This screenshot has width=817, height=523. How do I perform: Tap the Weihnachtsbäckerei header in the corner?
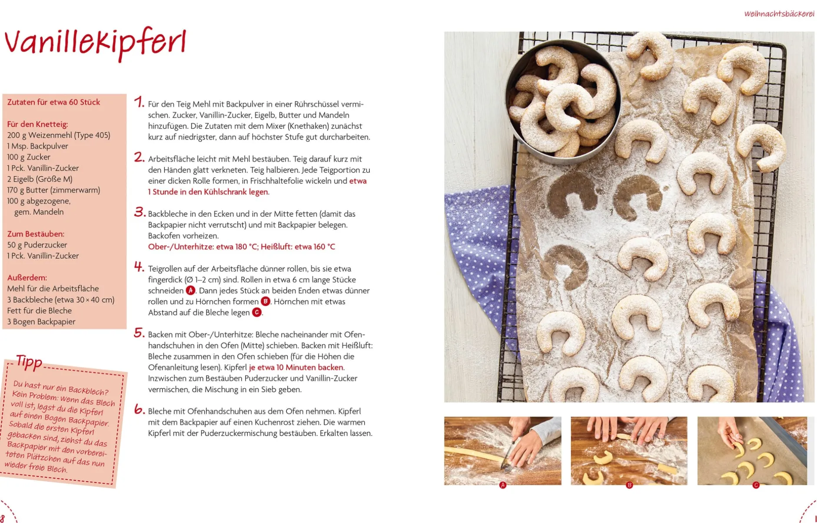tap(779, 13)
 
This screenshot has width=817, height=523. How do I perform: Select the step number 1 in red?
tap(139, 102)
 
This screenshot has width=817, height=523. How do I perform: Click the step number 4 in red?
tap(139, 266)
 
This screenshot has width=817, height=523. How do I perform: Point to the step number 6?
tap(139, 409)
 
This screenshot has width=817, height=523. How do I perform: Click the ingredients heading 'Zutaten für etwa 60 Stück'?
tap(53, 102)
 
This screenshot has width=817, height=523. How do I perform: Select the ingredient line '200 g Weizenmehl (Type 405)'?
tap(59, 135)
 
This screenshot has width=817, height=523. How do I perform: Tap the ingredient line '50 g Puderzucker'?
tap(37, 245)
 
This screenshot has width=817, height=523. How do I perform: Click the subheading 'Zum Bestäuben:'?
tap(36, 234)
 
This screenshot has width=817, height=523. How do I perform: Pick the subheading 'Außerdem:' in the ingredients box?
tap(27, 277)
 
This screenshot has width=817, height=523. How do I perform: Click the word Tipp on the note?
tap(29, 362)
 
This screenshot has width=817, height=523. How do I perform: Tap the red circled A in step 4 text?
tap(190, 290)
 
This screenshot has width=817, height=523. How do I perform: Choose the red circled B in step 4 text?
tap(265, 301)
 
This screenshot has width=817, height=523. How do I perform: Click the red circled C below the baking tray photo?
tap(756, 485)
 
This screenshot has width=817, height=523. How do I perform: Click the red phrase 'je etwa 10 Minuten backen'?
tap(296, 367)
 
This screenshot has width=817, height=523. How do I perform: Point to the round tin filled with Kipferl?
tap(563, 101)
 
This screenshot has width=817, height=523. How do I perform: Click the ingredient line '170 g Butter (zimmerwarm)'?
tap(53, 190)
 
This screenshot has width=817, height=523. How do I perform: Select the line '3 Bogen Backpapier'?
tap(41, 322)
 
